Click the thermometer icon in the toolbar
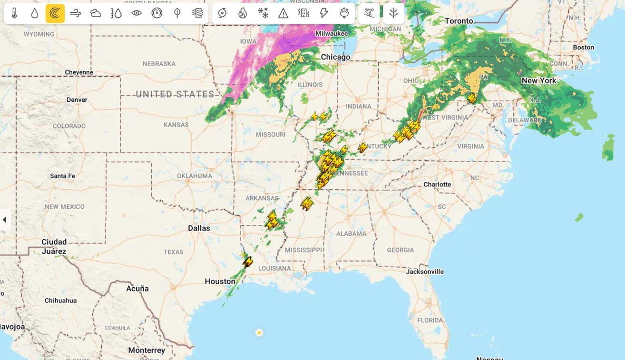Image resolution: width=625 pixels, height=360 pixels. click(x=14, y=13)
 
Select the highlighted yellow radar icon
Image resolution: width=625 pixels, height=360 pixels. click(x=55, y=13)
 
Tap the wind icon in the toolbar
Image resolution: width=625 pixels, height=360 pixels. click(x=75, y=13)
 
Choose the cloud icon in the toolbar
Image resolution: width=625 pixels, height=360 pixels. click(x=96, y=13)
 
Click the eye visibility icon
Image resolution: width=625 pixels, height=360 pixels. click(x=137, y=13)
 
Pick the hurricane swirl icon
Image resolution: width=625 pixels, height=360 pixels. click(x=222, y=13)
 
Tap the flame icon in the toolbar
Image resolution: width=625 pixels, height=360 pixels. click(x=243, y=13)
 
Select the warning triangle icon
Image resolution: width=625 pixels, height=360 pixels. click(x=283, y=13)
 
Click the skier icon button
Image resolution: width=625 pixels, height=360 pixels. click(x=369, y=13)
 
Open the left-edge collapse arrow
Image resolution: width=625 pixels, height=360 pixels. click(x=4, y=220)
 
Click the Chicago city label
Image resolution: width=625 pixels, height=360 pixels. click(x=335, y=57)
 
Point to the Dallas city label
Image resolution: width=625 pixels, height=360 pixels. click(x=199, y=228)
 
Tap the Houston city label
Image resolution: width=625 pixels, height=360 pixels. click(x=220, y=282)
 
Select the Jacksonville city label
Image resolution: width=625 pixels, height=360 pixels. click(x=425, y=272)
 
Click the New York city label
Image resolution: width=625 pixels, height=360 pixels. click(x=538, y=81)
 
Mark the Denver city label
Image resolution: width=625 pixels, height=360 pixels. click(x=77, y=100)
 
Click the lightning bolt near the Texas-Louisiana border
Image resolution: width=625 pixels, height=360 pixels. click(x=247, y=262)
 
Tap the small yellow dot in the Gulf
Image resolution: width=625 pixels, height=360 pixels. click(x=259, y=333)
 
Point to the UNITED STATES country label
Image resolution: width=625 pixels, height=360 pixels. click(x=175, y=94)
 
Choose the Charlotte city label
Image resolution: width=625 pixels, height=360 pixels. click(x=437, y=185)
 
